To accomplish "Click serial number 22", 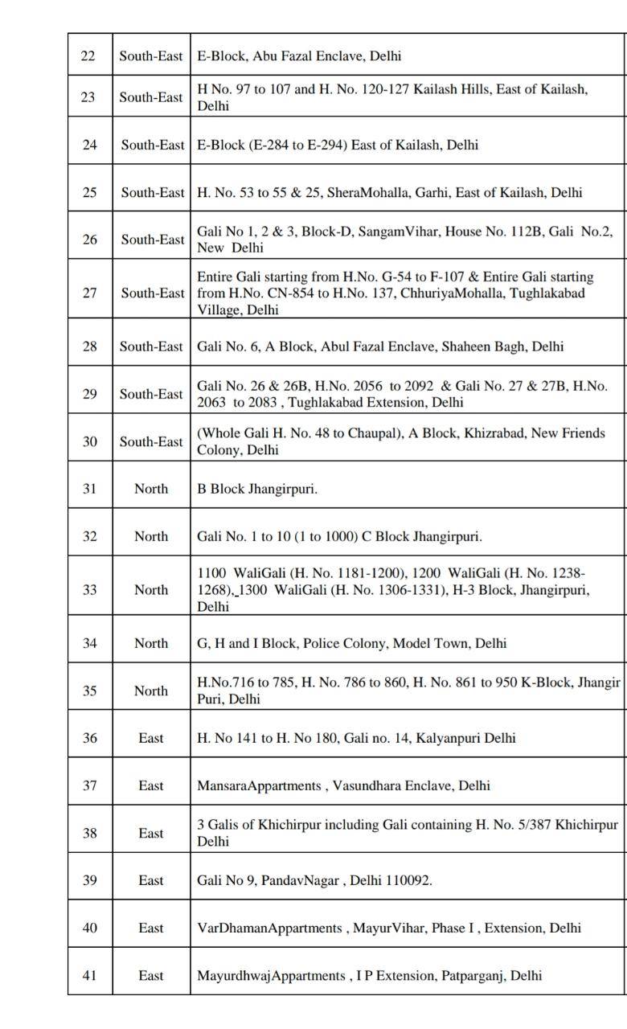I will pos(88,56).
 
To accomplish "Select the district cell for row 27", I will pos(152,293).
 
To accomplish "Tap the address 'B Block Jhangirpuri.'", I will pos(257,489).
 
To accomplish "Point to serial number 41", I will pos(88,975).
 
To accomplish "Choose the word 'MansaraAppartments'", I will pos(259,785).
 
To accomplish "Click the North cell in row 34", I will pos(151,643).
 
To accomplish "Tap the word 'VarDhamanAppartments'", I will pos(269,928).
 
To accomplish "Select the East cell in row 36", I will pos(151,738).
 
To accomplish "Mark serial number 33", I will pos(88,590).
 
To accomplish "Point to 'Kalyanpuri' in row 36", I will pos(449,738).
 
